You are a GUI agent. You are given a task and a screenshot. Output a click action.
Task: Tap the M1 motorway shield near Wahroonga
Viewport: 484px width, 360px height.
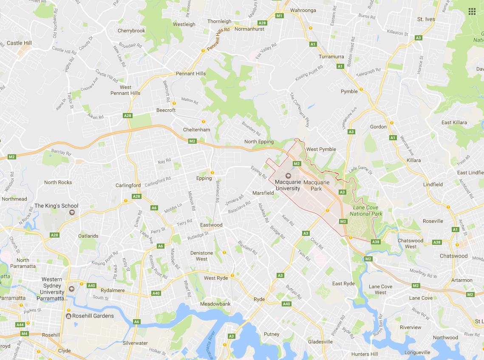pos(279,16)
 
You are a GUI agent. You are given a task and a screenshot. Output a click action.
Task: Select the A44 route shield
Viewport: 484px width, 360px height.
pos(20,325)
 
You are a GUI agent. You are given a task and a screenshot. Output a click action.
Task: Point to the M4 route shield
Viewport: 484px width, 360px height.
pos(24,333)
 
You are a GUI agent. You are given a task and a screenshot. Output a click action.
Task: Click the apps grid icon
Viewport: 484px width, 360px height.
pos(472,11)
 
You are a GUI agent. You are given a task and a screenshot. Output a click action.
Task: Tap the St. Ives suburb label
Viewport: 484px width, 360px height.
pos(426,19)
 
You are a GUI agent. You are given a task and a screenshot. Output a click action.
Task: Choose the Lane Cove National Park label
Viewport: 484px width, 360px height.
pos(366,210)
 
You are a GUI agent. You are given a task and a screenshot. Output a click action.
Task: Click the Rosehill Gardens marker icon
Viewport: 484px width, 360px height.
pos(68,316)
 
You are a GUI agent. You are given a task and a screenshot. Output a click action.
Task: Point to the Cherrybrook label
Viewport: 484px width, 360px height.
pos(131,31)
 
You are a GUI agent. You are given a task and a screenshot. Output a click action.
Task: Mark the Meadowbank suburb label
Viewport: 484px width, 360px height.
pos(215,304)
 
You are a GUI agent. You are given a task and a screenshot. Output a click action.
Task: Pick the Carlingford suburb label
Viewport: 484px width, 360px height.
pos(128,185)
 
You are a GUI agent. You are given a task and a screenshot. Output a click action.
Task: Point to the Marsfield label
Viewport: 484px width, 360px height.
pos(263,193)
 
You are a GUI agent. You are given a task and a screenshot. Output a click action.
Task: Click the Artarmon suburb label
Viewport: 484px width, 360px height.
pos(461,280)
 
